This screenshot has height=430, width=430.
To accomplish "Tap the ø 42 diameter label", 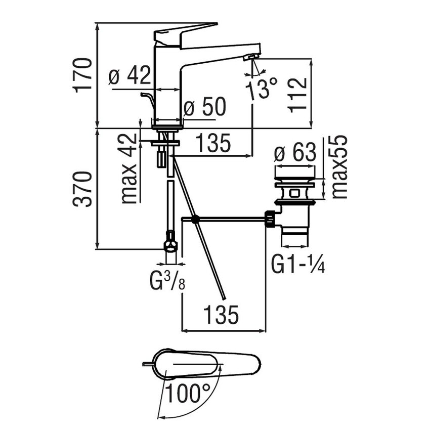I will tap(130, 76).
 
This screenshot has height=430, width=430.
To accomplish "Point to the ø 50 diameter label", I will tap(204, 107).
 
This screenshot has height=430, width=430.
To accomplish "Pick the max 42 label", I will tap(130, 168).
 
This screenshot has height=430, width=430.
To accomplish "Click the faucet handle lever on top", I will tap(185, 32).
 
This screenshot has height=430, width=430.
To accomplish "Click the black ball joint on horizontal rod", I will tap(195, 219).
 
